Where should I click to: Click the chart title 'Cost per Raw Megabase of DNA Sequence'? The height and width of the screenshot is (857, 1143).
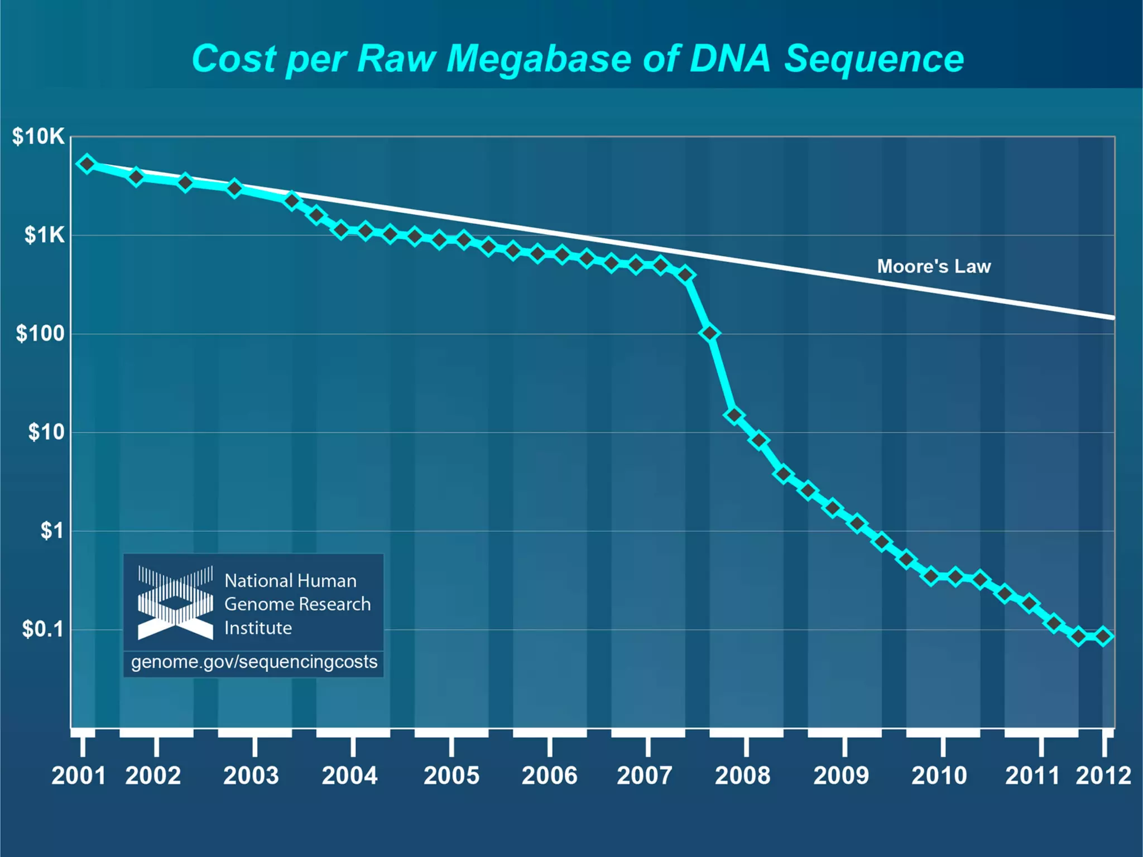[x=578, y=59]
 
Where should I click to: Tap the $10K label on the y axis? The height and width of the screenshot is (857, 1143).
[x=39, y=137]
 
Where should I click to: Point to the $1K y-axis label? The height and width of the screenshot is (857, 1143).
[x=45, y=235]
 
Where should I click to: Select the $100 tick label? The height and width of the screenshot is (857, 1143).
[x=40, y=334]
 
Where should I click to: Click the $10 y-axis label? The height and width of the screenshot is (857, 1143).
[x=46, y=432]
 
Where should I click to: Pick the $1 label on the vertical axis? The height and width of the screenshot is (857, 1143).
[x=52, y=531]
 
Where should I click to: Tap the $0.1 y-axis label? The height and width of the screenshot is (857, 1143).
[x=43, y=629]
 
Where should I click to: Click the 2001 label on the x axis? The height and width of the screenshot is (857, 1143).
[x=78, y=776]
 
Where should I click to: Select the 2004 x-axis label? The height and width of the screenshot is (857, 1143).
[x=350, y=776]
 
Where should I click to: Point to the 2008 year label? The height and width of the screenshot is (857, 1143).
[x=743, y=776]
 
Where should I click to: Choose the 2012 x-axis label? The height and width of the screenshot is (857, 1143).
[x=1103, y=776]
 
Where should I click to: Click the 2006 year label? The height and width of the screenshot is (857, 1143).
[x=549, y=776]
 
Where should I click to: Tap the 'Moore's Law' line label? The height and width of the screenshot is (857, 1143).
[x=934, y=266]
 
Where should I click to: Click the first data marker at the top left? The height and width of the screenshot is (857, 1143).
[x=87, y=164]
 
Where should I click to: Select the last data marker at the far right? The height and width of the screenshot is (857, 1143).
[x=1103, y=636]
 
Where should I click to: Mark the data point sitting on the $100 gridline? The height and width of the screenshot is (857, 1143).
[x=709, y=333]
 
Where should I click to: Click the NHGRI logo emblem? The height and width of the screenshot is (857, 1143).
[x=176, y=603]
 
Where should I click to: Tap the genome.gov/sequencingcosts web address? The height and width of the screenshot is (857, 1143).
[x=254, y=662]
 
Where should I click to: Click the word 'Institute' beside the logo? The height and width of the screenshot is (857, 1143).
[x=258, y=628]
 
